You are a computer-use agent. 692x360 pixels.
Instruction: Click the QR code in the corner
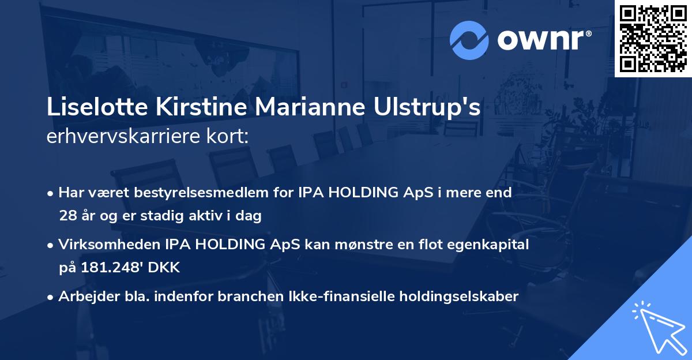tap(653, 38)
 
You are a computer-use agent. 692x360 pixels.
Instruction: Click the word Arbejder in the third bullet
tap(84, 297)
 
